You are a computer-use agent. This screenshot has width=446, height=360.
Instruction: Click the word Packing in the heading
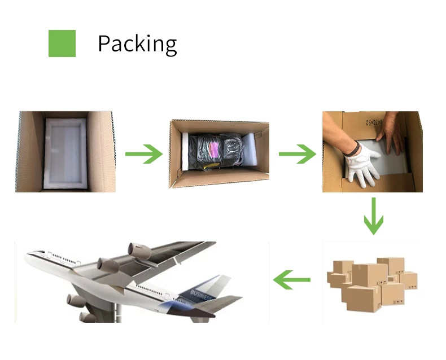137,44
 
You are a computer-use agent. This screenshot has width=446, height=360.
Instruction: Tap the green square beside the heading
62,43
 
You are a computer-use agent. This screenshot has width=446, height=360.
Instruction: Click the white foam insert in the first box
65,151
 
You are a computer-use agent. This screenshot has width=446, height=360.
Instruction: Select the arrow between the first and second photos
143,153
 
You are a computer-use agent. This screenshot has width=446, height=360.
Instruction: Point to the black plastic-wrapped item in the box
217,151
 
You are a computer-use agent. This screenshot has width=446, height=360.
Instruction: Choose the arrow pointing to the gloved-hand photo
297,153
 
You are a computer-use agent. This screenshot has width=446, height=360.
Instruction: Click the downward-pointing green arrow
373,215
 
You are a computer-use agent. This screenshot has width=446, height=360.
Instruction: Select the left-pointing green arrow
292,279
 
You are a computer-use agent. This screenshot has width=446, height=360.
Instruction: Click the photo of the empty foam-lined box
65,151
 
